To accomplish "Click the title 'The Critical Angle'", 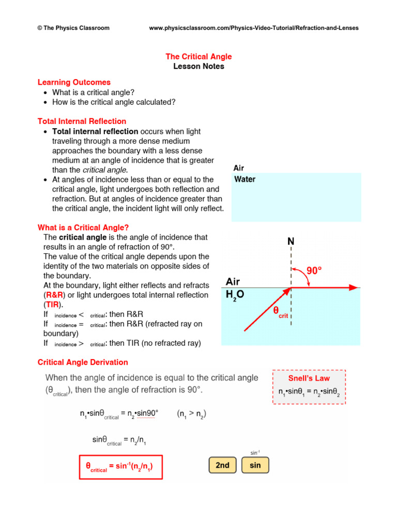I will pyautogui.click(x=198, y=56).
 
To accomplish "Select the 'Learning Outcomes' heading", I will pyautogui.click(x=74, y=82).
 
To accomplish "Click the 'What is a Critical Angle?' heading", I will pyautogui.click(x=83, y=228).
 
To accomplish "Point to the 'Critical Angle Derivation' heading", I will pyautogui.click(x=83, y=362).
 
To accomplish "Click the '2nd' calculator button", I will pyautogui.click(x=222, y=465).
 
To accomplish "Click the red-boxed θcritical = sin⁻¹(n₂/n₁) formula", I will pyautogui.click(x=120, y=468).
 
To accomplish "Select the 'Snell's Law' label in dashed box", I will pyautogui.click(x=309, y=378).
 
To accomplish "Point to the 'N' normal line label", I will pyautogui.click(x=291, y=242).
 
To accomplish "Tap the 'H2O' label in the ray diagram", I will pyautogui.click(x=235, y=295).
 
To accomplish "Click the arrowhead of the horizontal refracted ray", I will pyautogui.click(x=353, y=288).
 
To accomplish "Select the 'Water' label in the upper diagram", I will pyautogui.click(x=245, y=180).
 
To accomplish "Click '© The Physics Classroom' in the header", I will pyautogui.click(x=74, y=28).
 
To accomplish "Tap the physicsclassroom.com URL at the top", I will pyautogui.click(x=253, y=28).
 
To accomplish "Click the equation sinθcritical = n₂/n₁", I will pyautogui.click(x=119, y=440).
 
